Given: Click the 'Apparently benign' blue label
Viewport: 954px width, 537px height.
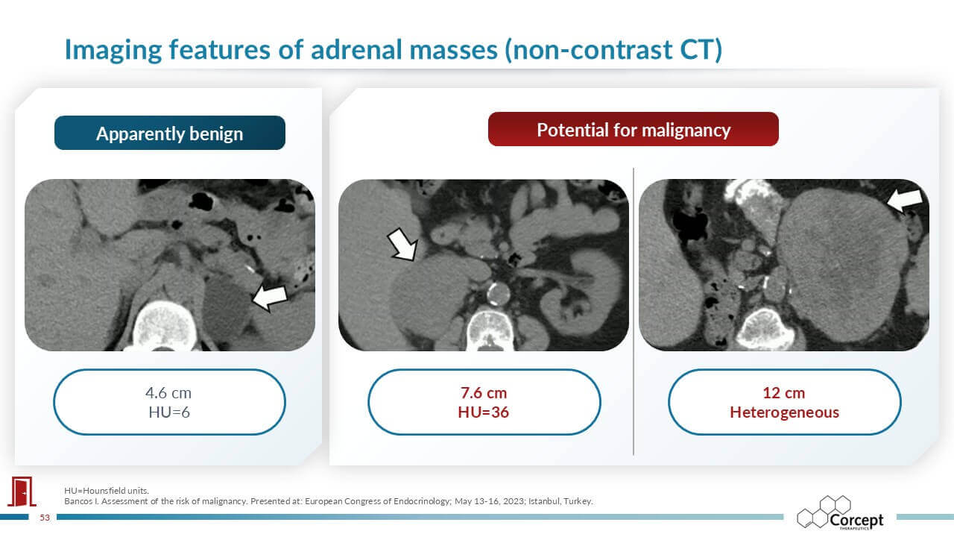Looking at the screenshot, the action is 169,133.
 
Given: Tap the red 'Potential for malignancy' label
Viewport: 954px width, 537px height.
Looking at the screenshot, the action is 634,130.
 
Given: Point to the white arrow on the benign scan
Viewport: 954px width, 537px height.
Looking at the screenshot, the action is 270,297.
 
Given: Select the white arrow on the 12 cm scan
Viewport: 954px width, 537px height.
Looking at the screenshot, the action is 905,201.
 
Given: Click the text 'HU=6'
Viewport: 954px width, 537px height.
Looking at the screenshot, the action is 169,412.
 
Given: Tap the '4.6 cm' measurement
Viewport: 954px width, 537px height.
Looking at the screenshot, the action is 168,393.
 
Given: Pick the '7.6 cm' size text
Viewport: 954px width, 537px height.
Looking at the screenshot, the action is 484,393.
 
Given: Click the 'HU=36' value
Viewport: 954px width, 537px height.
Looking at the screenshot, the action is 484,412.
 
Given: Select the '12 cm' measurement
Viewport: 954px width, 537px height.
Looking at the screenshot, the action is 783,393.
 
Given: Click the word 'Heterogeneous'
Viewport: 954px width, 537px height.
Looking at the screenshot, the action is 785,412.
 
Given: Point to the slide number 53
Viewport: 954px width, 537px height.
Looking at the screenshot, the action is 45,518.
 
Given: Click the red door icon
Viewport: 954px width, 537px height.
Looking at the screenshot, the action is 22,492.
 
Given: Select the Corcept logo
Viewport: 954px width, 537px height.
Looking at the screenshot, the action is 840,512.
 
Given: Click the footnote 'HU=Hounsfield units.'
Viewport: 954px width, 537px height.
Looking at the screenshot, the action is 107,491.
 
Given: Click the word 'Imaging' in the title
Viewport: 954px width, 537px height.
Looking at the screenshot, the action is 113,50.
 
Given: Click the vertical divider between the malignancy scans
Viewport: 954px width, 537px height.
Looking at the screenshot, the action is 634,312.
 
